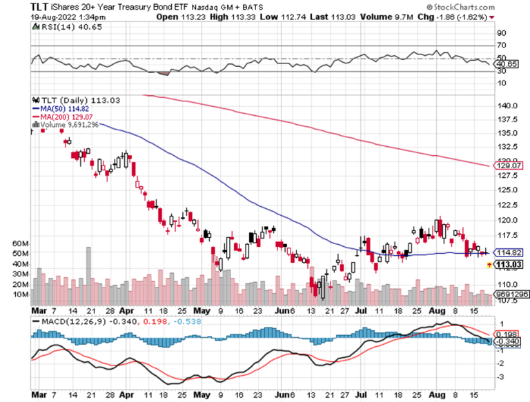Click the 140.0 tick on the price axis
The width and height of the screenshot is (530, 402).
[x=508, y=106]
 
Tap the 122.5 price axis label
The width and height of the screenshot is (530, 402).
[x=508, y=204]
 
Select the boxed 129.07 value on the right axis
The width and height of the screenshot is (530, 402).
[x=509, y=165]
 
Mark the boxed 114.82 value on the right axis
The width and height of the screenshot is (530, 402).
[x=509, y=252]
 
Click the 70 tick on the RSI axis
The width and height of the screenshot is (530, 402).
[x=502, y=45]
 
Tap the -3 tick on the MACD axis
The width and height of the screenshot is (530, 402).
[x=502, y=376]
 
